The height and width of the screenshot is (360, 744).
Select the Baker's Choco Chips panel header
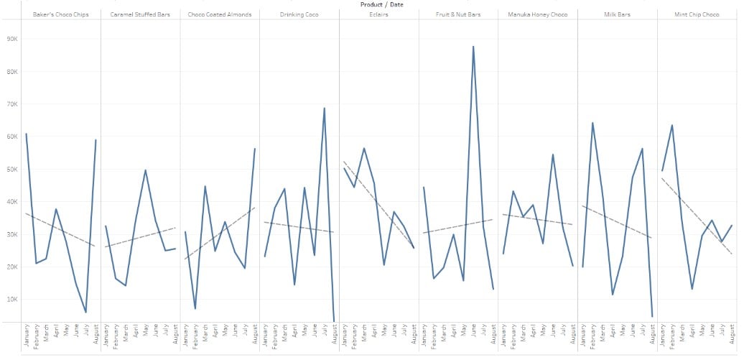tap(61, 14)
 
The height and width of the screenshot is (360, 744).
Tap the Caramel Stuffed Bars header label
tap(140, 14)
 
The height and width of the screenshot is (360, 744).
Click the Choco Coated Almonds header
tap(220, 14)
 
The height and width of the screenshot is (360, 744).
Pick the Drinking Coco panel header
tap(299, 14)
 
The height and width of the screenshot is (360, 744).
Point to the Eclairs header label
tap(378, 14)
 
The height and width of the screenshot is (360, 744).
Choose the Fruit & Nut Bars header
tap(458, 14)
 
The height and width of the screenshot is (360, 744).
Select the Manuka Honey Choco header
tap(537, 14)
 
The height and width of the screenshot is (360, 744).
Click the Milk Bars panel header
tap(617, 14)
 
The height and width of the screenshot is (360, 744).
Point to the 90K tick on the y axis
tap(12, 40)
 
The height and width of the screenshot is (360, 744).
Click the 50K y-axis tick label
tap(12, 170)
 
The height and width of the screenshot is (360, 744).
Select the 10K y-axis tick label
tap(12, 299)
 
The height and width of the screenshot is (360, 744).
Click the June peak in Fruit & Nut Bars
tap(473, 47)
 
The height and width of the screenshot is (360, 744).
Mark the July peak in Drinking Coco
tap(325, 109)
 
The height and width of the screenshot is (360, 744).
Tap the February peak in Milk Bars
tap(592, 123)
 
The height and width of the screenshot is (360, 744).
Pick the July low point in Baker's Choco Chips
tap(86, 312)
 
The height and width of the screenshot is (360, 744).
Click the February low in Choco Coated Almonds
tap(195, 308)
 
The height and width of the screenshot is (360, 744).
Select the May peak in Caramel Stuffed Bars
tap(146, 170)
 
